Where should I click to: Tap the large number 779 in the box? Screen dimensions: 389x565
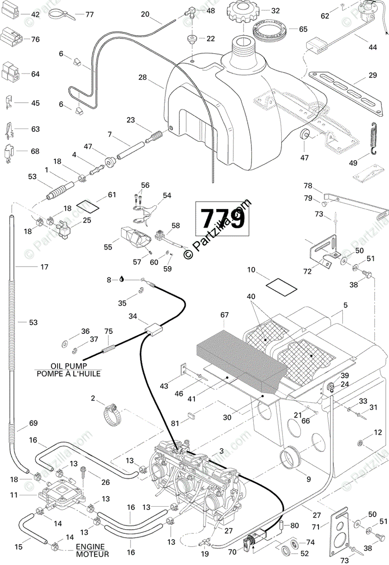click(222, 218)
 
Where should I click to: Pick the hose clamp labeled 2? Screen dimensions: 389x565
click(112, 415)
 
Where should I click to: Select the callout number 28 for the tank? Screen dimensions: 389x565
click(142, 77)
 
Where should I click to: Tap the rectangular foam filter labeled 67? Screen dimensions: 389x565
click(241, 362)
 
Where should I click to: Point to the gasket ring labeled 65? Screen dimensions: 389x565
click(269, 30)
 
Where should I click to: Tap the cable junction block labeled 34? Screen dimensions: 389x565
click(154, 329)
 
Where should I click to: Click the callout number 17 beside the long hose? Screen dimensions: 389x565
click(44, 267)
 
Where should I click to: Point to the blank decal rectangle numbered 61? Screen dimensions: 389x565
click(88, 206)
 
